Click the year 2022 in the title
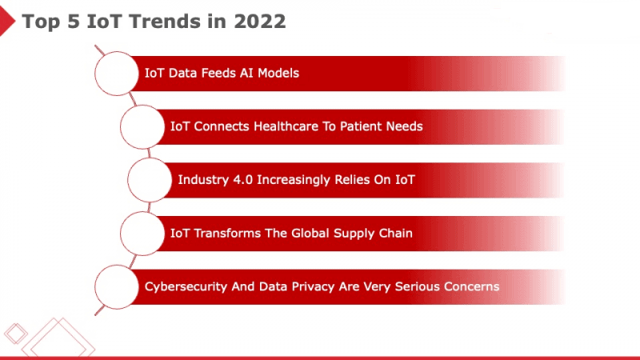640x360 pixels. [x=260, y=22]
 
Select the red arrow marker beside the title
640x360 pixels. [x=7, y=21]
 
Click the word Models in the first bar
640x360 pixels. [x=278, y=73]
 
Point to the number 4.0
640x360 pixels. [x=243, y=179]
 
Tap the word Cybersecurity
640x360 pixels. [x=186, y=286]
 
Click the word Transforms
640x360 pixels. [x=227, y=233]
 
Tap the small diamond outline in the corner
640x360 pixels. [x=15, y=334]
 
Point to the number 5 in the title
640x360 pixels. [x=73, y=22]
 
